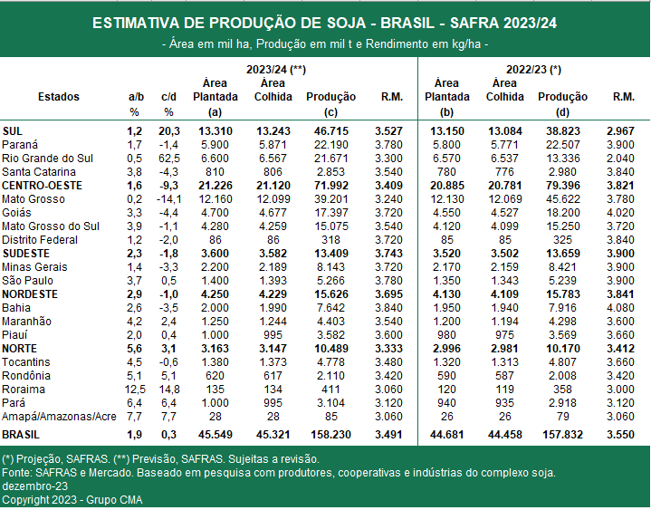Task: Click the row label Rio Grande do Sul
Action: tap(47, 159)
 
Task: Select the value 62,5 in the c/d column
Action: tap(169, 159)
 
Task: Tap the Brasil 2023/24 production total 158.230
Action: tap(330, 435)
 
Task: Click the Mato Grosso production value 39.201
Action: tap(330, 199)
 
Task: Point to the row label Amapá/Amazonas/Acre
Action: tap(59, 416)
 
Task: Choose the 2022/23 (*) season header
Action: tap(533, 70)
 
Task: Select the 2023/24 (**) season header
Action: tap(276, 70)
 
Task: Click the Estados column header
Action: tap(59, 97)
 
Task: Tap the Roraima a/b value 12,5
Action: tap(135, 390)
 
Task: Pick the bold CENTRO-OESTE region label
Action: tap(42, 185)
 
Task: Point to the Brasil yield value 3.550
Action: tap(620, 435)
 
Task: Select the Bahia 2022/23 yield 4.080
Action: tap(620, 308)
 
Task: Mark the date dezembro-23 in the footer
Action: tap(35, 486)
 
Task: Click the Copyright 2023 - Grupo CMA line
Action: tap(72, 500)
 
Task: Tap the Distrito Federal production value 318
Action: tap(330, 240)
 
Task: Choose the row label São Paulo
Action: tap(27, 280)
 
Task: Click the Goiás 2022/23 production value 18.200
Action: tap(562, 213)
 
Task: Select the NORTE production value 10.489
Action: tap(330, 349)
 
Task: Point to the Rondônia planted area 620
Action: tap(215, 375)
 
